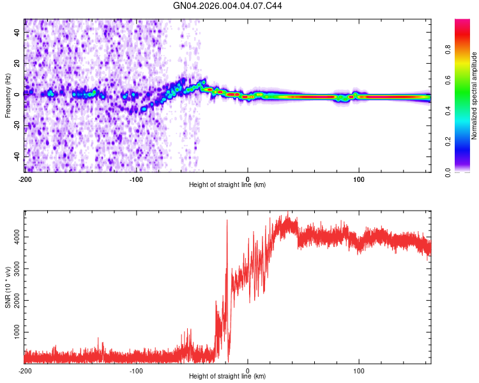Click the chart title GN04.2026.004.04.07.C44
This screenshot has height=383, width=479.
point(228,6)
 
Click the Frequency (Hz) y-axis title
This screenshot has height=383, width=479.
point(8,96)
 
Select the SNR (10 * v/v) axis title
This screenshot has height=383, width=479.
point(8,287)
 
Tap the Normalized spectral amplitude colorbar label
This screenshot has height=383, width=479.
point(475,96)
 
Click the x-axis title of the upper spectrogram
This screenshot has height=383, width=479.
point(227,184)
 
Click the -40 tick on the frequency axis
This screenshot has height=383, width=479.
point(17,156)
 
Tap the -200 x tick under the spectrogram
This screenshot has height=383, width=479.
point(24,178)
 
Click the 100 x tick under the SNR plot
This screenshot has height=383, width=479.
point(359,370)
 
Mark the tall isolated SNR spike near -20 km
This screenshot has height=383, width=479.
point(227,221)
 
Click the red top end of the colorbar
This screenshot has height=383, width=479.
point(462,22)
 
